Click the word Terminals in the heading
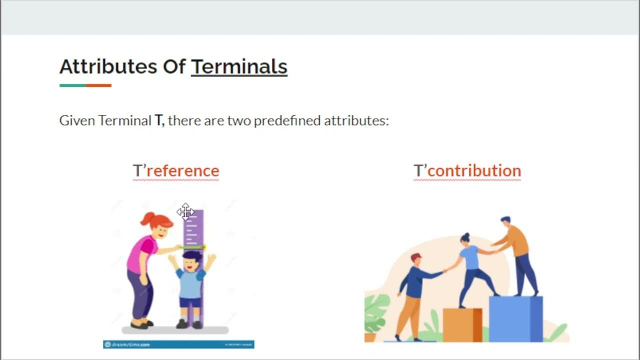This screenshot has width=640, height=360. click(239, 66)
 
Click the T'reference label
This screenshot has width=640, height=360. click(176, 170)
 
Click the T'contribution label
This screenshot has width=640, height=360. click(467, 170)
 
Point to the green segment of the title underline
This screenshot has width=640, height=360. click(72, 85)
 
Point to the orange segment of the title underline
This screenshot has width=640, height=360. click(98, 85)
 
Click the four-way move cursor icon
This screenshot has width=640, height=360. click(185, 212)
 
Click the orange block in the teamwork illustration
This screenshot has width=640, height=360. click(462, 325)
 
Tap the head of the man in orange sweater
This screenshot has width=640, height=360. click(505, 221)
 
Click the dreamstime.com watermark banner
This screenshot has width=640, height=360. click(178, 344)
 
